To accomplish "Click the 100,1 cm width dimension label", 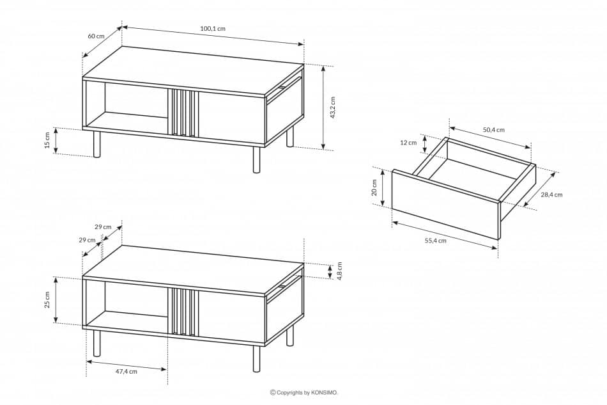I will coord(213,29).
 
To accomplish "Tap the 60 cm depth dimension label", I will coord(96,36).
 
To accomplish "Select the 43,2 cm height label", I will coord(333,107).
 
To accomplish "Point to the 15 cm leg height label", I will coord(47,141).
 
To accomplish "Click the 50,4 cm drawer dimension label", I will coord(493,130).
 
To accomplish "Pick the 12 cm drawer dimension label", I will coord(408,143).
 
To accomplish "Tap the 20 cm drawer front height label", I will coord(374,187).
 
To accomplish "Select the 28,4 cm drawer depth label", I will coord(550,195).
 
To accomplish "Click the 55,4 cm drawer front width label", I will coord(434,241).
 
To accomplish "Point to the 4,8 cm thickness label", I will coord(339,271).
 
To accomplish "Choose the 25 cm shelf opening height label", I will coord(47,300).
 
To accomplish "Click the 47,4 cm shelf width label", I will coord(126,371).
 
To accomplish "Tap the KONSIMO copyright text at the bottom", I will coord(304,393).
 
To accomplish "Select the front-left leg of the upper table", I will coord(97,144).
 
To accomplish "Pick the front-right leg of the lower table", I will coord(256,358).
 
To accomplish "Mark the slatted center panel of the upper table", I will coord(183,113).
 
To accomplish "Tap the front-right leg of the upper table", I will coord(256,160).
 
